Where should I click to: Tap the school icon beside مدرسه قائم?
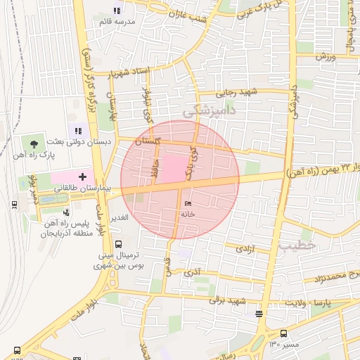pyautogui.click(x=117, y=11)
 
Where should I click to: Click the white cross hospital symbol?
pyautogui.click(x=82, y=175)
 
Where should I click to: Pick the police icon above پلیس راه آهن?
pyautogui.click(x=66, y=211)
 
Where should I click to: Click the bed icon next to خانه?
pyautogui.click(x=188, y=203)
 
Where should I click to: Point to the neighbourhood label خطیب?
pyautogui.click(x=297, y=246)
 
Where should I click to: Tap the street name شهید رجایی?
pyautogui.click(x=237, y=91)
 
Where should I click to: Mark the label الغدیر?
pyautogui.click(x=118, y=217)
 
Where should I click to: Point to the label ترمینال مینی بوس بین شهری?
pyautogui.click(x=117, y=260)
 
